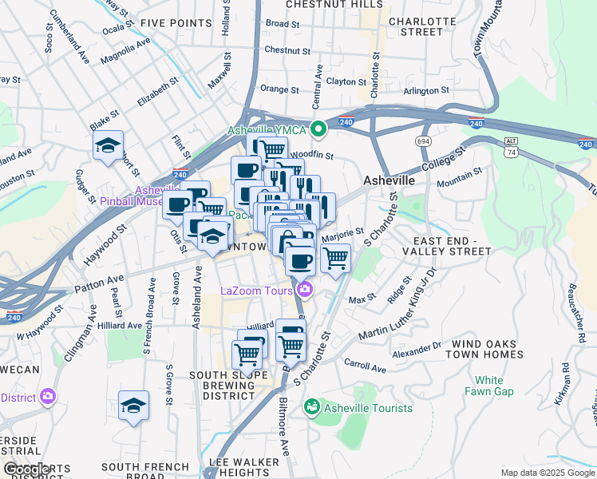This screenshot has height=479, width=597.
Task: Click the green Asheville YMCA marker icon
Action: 318,129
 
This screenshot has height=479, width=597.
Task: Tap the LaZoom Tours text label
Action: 256,291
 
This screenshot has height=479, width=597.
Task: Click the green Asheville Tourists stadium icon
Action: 311,408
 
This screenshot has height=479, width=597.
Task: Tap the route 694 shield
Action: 422,141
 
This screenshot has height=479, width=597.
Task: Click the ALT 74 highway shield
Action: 512,146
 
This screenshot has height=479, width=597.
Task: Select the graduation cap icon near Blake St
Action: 108,146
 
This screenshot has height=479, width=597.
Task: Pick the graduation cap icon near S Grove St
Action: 133,406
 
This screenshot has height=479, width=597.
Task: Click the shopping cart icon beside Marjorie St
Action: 335,257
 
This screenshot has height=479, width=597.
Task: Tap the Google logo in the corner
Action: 28,469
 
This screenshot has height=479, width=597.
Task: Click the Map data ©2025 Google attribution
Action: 547,473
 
